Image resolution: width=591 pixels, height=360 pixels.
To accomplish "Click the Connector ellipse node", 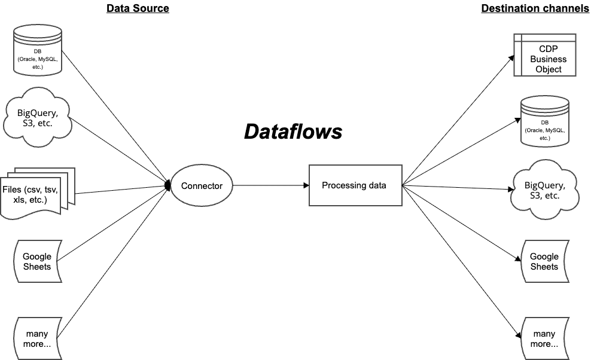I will [202, 186].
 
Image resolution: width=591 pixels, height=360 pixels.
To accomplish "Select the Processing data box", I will [354, 185].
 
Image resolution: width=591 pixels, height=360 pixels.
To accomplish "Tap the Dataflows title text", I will [293, 131].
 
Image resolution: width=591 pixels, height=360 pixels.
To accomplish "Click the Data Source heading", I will [138, 8].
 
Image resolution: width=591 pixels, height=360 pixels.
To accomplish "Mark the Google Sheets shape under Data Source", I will [37, 261].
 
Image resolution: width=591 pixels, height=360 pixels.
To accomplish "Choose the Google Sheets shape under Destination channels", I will [544, 261].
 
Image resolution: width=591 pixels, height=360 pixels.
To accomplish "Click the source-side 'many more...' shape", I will [37, 338].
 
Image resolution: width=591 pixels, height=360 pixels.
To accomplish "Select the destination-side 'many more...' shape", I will [544, 338].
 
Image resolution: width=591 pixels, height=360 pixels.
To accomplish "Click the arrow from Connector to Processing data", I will [269, 185].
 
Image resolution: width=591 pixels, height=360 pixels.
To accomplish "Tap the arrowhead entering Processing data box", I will [304, 185].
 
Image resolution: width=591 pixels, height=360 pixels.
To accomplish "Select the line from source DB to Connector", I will [114, 116].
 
